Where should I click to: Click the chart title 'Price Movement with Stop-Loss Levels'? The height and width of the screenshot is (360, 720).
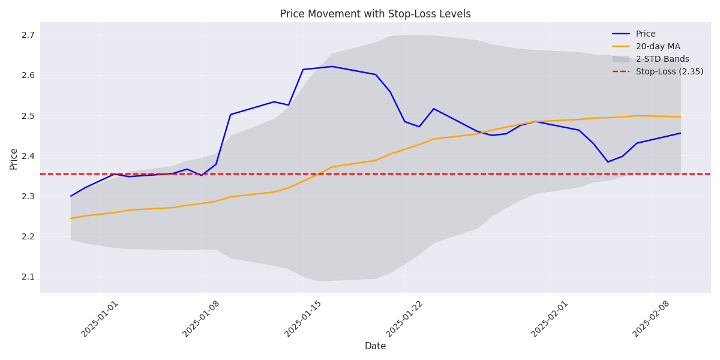(375, 14)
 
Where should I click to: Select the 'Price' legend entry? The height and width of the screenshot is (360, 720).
(646, 34)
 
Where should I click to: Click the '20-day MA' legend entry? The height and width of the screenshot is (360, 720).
(658, 47)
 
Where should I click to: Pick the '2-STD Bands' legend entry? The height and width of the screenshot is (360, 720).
(662, 59)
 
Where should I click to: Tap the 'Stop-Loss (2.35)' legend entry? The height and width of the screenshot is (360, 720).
(670, 72)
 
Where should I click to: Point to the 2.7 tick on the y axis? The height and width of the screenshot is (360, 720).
(29, 35)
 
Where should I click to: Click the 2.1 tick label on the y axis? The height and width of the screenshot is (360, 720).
(29, 277)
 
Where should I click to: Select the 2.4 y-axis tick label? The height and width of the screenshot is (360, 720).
(29, 156)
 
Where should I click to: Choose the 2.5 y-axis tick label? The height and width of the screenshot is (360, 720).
(29, 116)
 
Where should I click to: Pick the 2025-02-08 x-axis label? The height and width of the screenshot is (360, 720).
(652, 319)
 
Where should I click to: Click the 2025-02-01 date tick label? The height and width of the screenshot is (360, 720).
(551, 319)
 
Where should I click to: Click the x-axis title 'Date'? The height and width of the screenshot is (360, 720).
(375, 346)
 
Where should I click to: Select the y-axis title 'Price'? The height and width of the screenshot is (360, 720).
(14, 158)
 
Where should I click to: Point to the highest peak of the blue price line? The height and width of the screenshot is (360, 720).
(332, 67)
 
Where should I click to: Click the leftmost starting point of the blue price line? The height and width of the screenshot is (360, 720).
(71, 196)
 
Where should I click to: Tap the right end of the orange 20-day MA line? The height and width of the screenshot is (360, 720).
(680, 117)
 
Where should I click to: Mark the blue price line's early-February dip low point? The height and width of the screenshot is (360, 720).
(608, 162)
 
